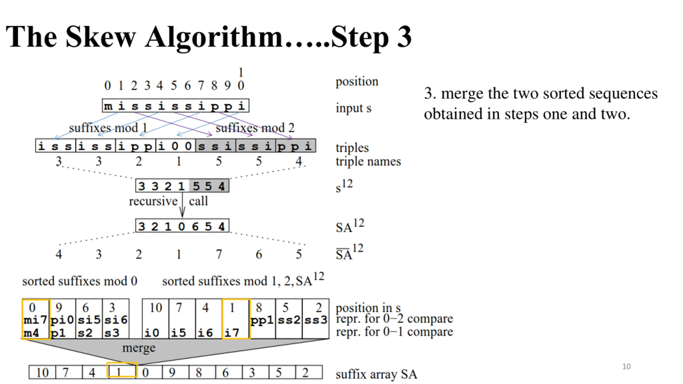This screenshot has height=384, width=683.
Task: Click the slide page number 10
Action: tap(626, 366)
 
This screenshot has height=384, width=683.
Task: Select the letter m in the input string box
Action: tap(108, 106)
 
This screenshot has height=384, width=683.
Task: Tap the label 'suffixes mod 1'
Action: tap(108, 128)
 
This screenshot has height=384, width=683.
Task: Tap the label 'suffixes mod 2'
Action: tap(255, 128)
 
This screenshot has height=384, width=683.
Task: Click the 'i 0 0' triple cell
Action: tap(175, 146)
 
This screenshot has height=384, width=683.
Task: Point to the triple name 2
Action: tap(139, 161)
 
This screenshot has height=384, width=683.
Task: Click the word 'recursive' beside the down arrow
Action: tap(153, 201)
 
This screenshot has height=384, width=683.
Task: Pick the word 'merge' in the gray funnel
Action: tap(139, 348)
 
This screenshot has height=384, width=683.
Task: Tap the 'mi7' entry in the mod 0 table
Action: tap(35, 319)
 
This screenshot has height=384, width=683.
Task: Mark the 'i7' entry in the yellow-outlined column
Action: tap(232, 333)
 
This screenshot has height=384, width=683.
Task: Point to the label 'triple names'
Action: tap(368, 162)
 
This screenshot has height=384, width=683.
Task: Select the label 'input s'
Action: tap(354, 108)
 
